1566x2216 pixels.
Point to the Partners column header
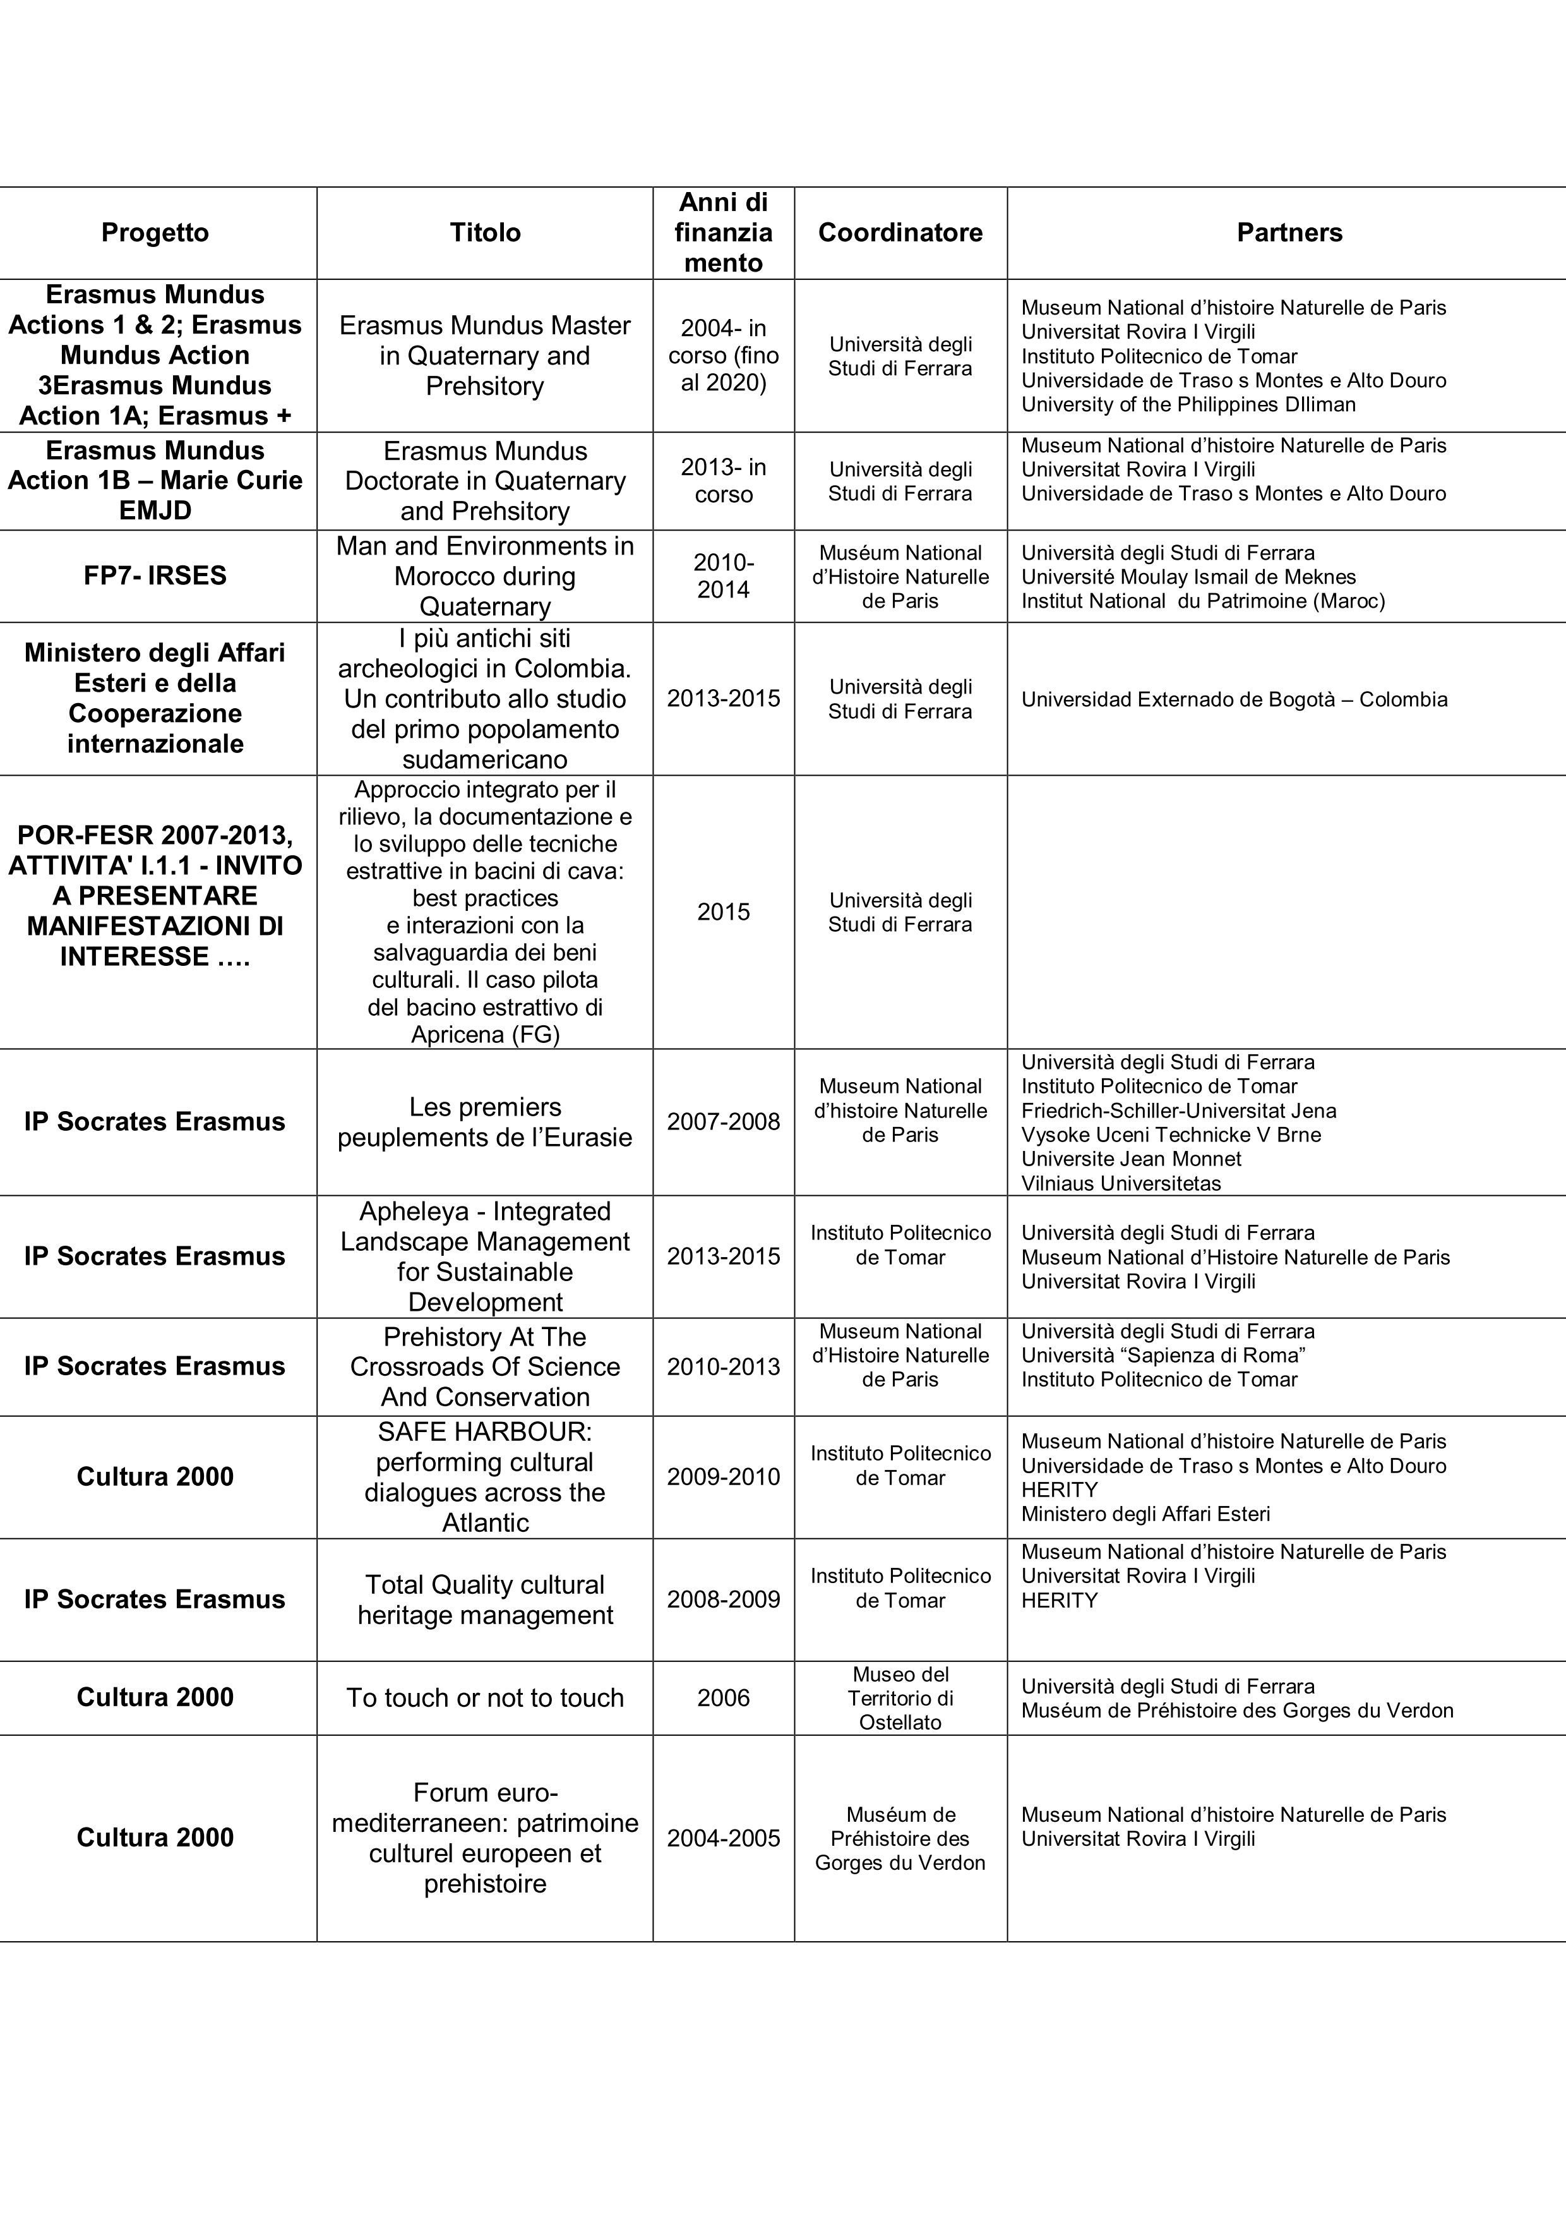(1289, 232)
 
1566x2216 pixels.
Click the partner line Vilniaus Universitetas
(1121, 1183)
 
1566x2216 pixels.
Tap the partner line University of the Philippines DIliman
(1188, 404)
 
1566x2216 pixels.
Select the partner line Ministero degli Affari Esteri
(1145, 1514)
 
